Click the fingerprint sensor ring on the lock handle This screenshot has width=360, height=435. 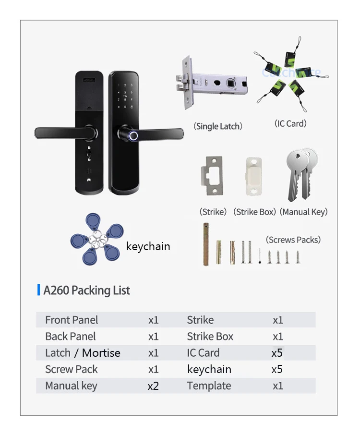132,136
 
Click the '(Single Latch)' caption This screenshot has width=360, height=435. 218,126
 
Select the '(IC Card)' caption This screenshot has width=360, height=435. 290,123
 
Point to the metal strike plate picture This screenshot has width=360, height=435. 213,176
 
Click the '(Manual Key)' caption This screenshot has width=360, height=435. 303,212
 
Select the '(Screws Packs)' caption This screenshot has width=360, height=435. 293,240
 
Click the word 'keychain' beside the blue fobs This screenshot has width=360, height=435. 148,246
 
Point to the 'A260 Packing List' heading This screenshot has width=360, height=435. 87,290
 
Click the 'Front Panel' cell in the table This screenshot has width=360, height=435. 72,320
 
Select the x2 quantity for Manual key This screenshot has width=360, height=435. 153,386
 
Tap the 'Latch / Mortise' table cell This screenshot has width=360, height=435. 83,353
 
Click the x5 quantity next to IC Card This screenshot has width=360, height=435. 277,353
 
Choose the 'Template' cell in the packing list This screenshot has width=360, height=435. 209,386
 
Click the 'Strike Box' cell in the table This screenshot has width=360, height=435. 210,337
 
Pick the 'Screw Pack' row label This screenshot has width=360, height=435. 72,369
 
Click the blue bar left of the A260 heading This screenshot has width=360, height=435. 38,290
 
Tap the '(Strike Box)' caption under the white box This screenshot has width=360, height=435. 254,212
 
